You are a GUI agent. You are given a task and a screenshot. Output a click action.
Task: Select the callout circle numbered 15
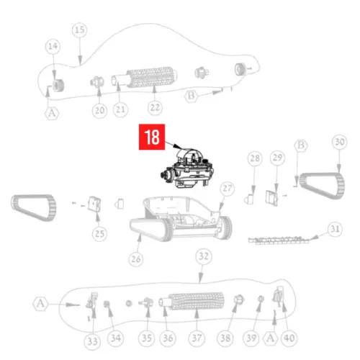point(79,30)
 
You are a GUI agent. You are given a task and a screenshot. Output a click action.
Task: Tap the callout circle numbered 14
point(52,46)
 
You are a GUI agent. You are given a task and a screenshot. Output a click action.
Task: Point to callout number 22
point(154,109)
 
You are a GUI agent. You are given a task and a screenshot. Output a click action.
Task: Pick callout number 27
point(228,189)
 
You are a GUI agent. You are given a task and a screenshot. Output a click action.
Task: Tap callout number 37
point(196,338)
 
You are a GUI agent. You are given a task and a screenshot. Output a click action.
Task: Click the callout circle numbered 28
point(253,158)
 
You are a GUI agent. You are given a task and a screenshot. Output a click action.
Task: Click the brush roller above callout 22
point(149,78)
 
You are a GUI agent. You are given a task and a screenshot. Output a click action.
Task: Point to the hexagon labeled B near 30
point(301,146)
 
